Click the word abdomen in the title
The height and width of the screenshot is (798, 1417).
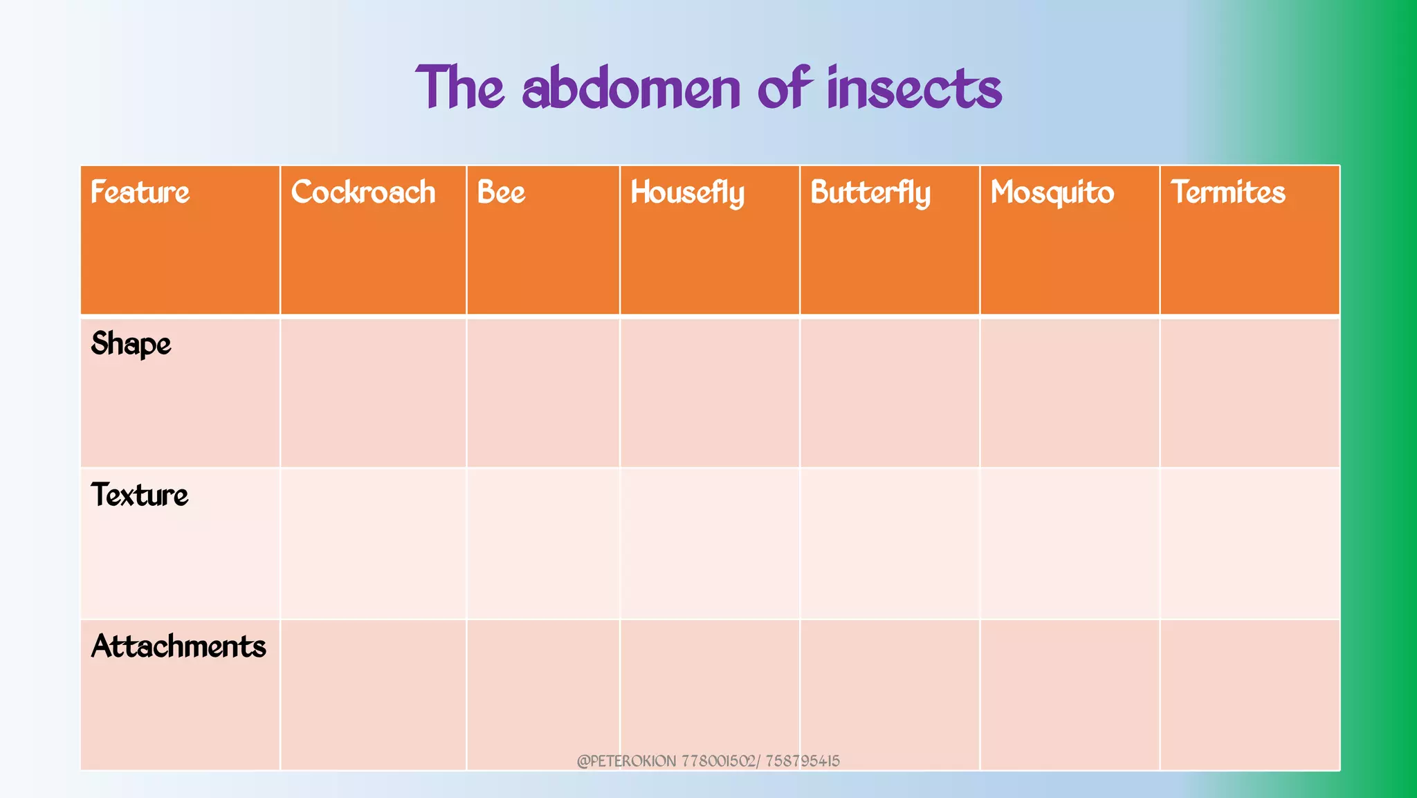click(631, 89)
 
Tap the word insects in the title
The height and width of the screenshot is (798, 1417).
click(914, 89)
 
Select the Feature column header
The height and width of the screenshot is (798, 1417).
click(140, 192)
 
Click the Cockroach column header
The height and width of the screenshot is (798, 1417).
click(363, 192)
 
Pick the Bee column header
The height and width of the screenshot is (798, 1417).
click(501, 192)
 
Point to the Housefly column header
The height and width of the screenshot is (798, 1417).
click(687, 193)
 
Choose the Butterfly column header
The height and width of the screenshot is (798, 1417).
click(870, 193)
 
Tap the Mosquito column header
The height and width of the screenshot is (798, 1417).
click(1052, 193)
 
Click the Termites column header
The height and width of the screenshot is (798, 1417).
click(1227, 192)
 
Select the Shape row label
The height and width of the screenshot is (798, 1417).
click(131, 344)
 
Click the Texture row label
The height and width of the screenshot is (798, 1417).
click(139, 495)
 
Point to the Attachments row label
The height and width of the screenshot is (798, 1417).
click(179, 646)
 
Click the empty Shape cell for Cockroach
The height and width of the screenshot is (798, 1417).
click(373, 392)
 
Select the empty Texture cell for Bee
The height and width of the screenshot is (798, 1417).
click(543, 543)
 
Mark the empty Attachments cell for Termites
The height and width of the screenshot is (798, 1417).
click(1250, 694)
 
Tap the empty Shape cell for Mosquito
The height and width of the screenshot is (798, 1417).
click(1070, 392)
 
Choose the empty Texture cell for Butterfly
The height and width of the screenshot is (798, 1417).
click(890, 543)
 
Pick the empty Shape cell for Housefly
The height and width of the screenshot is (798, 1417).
click(710, 392)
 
